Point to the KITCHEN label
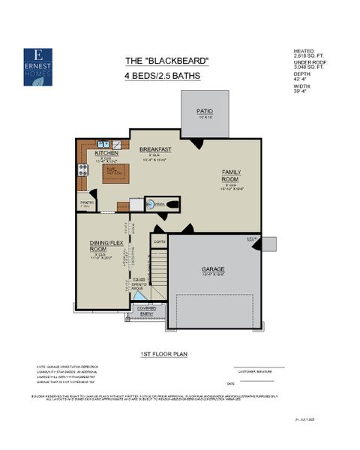106,153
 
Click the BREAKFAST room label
155,149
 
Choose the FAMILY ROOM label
231,175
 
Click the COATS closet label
159,241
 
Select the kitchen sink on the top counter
104,143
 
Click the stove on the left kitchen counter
81,169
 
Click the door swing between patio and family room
196,142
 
